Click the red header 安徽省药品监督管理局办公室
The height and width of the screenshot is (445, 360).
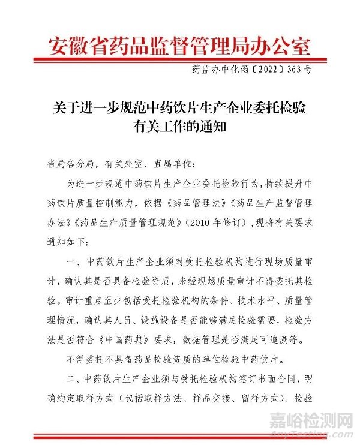[180, 45]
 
